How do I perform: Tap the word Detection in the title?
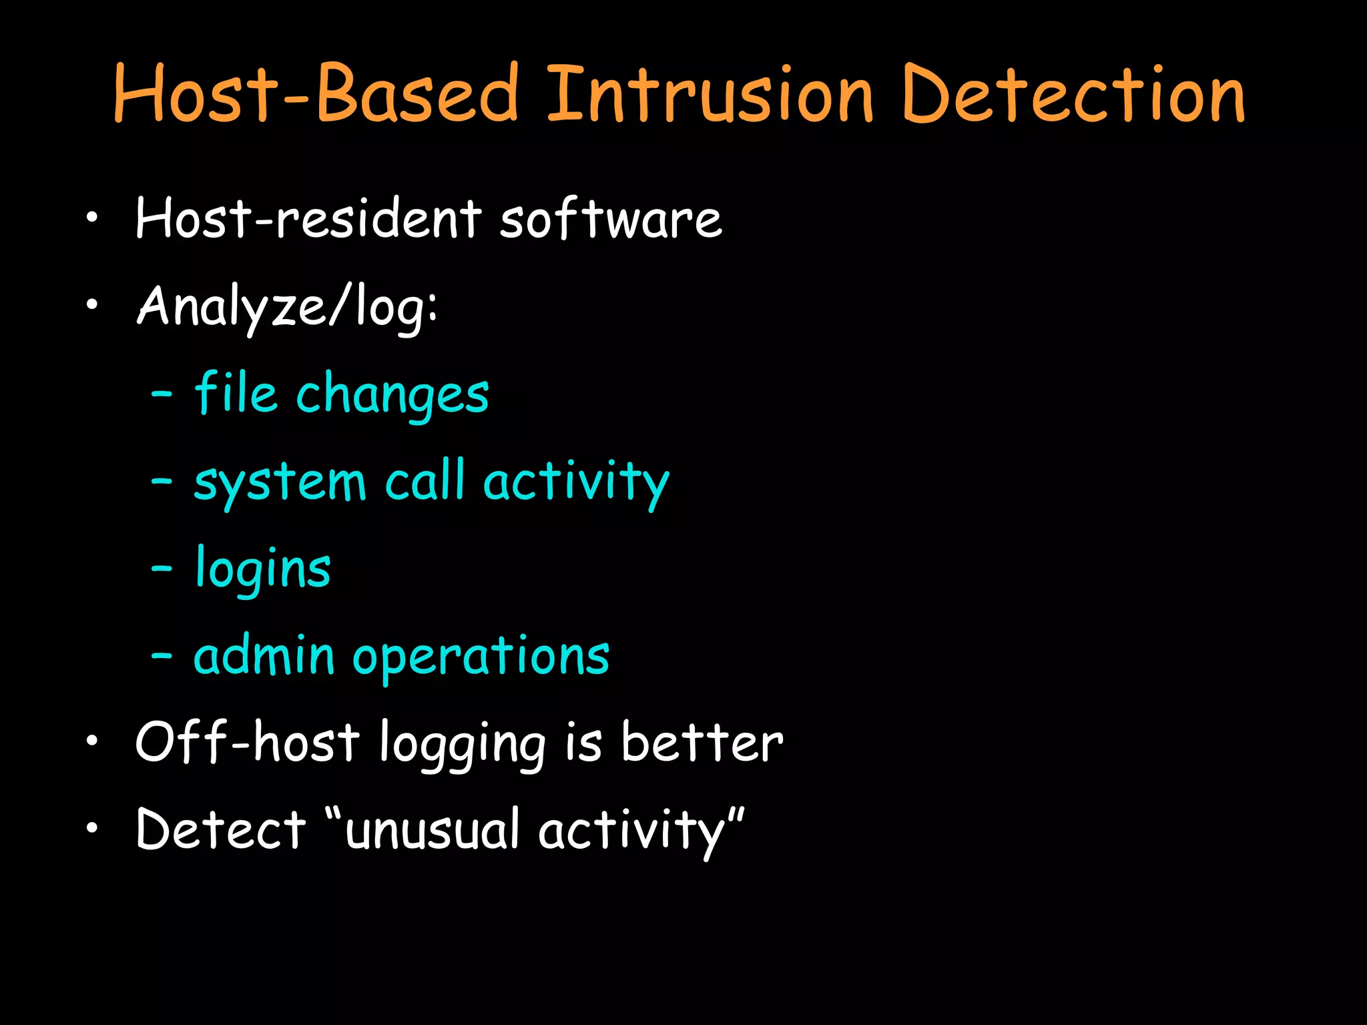pos(1073,94)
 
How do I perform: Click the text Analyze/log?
pos(287,307)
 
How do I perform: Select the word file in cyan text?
pos(236,394)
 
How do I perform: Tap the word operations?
pos(481,658)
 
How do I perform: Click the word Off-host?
pos(248,743)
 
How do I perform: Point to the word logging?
pos(463,745)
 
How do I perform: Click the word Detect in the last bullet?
pos(221,830)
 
